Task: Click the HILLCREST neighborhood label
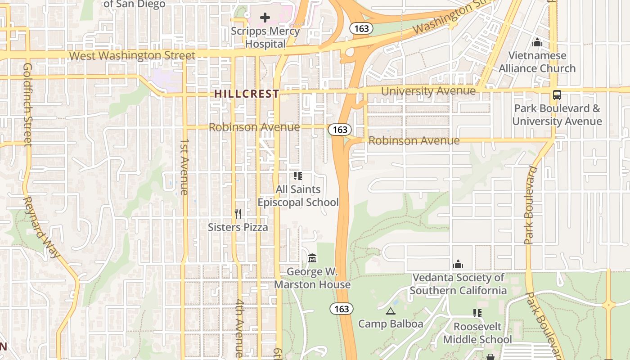coord(247,94)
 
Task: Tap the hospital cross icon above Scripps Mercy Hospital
coord(265,18)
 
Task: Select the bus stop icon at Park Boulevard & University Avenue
coord(557,95)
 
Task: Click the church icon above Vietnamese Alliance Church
coord(537,43)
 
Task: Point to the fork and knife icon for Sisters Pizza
coord(238,214)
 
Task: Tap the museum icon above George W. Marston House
coord(312,258)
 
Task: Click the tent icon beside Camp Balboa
coord(390,311)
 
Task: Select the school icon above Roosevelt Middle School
coord(477,313)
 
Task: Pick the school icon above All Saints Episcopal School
coord(298,175)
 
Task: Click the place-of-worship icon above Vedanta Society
coord(458,264)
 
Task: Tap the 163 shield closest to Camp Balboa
coord(342,309)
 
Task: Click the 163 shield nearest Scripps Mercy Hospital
coord(361,28)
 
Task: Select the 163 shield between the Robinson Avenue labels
coord(340,130)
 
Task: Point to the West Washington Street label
coord(132,55)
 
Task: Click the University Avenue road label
coord(428,91)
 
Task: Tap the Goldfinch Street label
coord(28,104)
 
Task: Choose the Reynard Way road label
coord(41,227)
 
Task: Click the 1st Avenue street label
coord(184,166)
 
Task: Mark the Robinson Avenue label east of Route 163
coord(414,140)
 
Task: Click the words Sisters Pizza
coord(238,227)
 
